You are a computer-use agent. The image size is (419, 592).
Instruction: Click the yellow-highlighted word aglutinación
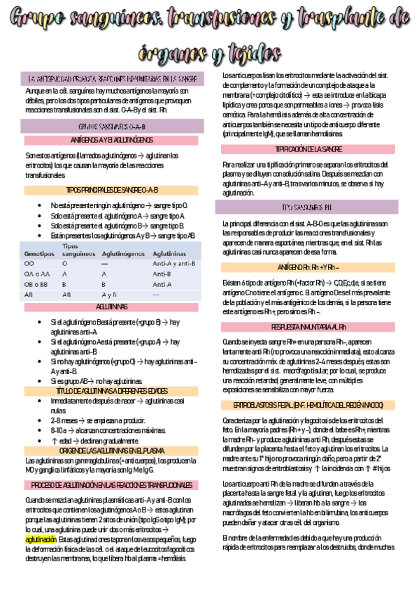[x=41, y=540]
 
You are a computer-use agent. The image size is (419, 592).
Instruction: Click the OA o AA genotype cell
[x=36, y=274]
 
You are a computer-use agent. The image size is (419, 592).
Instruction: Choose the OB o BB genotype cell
[x=36, y=285]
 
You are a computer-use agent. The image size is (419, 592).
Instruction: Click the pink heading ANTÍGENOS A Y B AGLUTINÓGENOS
[x=112, y=140]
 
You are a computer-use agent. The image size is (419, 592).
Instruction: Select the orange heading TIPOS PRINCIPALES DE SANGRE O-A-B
[x=112, y=190]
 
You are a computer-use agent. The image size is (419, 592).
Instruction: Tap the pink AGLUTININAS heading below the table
[x=112, y=307]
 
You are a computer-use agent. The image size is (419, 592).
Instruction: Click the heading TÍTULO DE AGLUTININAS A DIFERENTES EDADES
[x=112, y=391]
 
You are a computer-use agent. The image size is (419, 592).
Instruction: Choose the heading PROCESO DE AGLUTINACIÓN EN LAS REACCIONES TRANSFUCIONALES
[x=112, y=484]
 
